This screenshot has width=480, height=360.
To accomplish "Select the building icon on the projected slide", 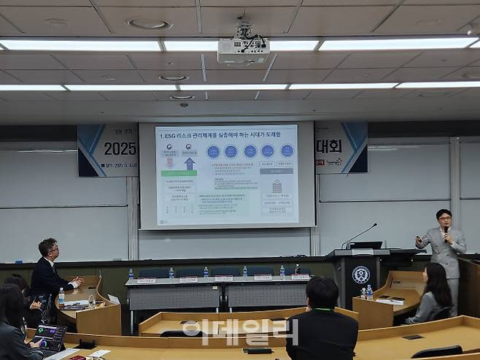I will [x=276, y=187].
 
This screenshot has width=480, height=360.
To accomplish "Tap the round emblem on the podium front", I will [x=360, y=275].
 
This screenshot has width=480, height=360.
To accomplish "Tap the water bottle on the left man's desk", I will [x=61, y=296].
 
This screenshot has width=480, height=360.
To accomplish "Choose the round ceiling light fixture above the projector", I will [x=150, y=24].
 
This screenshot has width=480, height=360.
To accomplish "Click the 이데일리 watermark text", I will [x=240, y=332].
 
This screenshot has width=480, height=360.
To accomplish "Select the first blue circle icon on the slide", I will [x=213, y=151].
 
